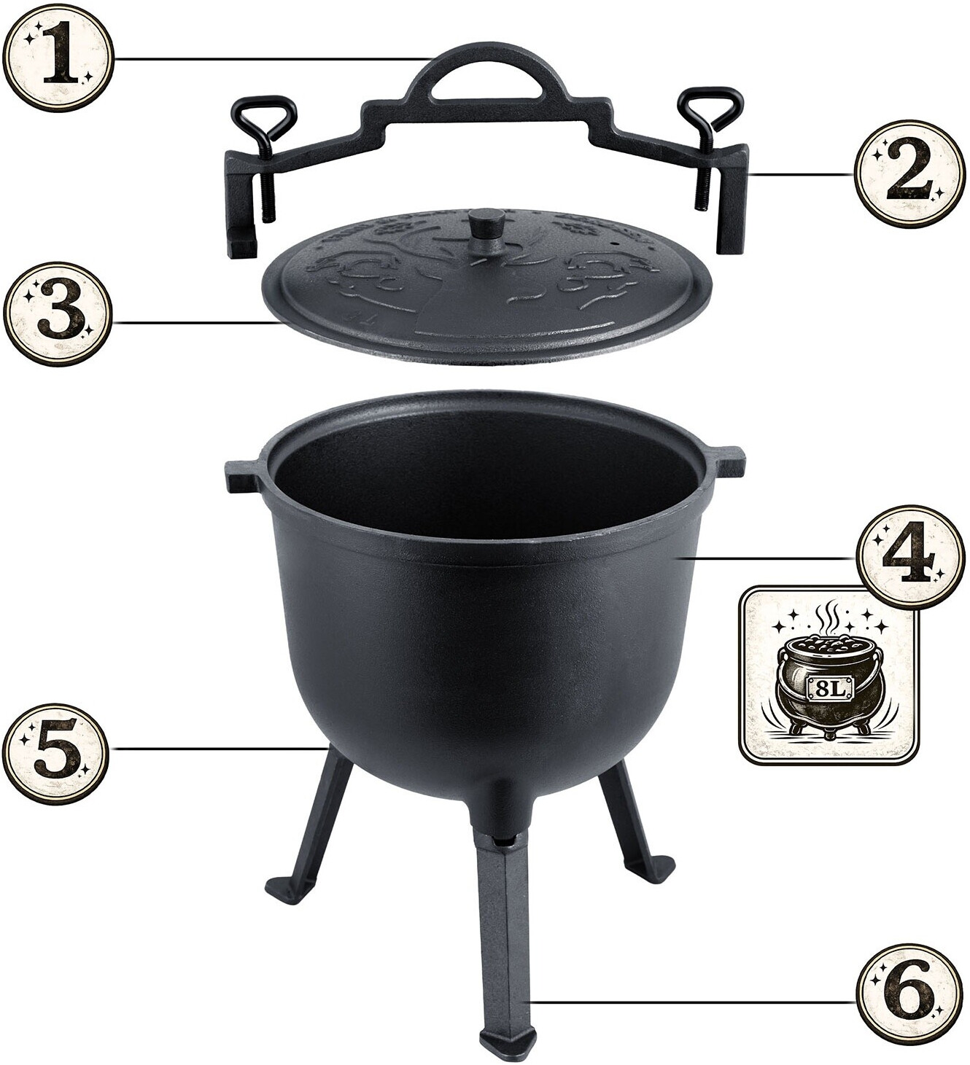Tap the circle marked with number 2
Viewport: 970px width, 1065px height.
[x=909, y=175]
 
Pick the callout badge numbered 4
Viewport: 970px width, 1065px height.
[x=909, y=558]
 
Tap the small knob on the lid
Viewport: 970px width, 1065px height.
[x=488, y=225]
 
